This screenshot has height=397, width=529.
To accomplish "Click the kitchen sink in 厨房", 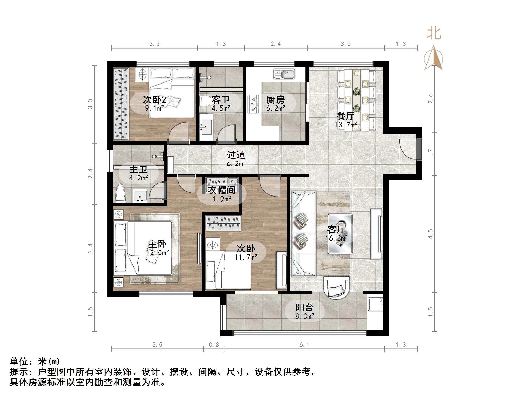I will tap(284, 74).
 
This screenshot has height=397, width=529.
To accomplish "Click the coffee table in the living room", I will tap(340, 234).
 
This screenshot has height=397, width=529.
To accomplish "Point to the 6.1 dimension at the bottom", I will tap(304, 345).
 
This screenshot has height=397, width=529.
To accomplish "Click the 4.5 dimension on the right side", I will tap(430, 234).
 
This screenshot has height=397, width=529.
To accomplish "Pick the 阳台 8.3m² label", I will tap(304, 311).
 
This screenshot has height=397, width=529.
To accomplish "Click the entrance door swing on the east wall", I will tap(407, 149).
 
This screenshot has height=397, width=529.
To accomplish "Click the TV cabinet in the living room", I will tap(376, 234).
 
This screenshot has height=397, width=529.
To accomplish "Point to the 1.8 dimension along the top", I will tap(221, 44).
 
